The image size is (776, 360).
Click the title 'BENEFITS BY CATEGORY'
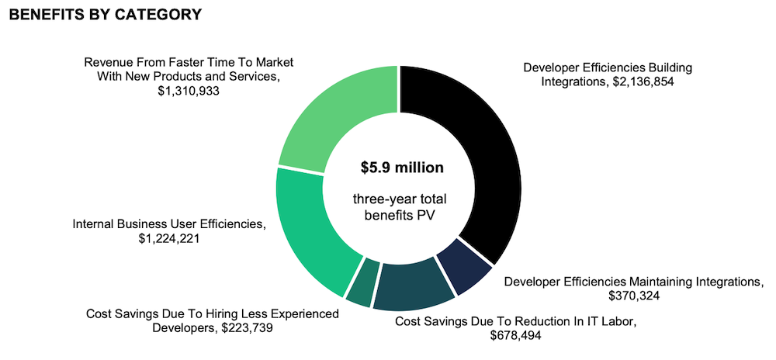[106, 15]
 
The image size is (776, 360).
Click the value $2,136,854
[644, 82]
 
